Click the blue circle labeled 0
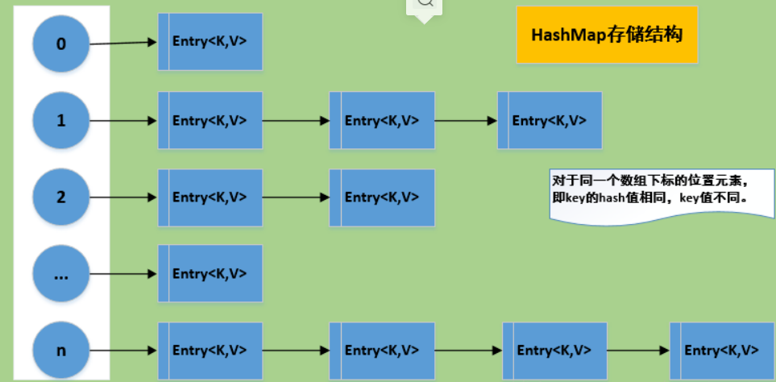point(61,44)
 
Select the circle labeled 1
point(61,121)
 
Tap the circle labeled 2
point(61,197)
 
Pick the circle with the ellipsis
point(61,274)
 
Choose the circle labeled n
point(61,351)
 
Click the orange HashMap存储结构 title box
point(607,35)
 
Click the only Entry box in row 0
point(210,41)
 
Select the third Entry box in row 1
point(550,121)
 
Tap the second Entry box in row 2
point(382,197)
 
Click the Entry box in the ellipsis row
point(210,273)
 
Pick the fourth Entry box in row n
point(721,351)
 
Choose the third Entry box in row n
point(554,351)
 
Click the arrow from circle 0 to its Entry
point(123,42)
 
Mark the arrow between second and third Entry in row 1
point(466,121)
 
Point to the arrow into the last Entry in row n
point(637,351)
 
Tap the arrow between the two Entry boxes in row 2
point(296,197)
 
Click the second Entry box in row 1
point(382,121)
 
